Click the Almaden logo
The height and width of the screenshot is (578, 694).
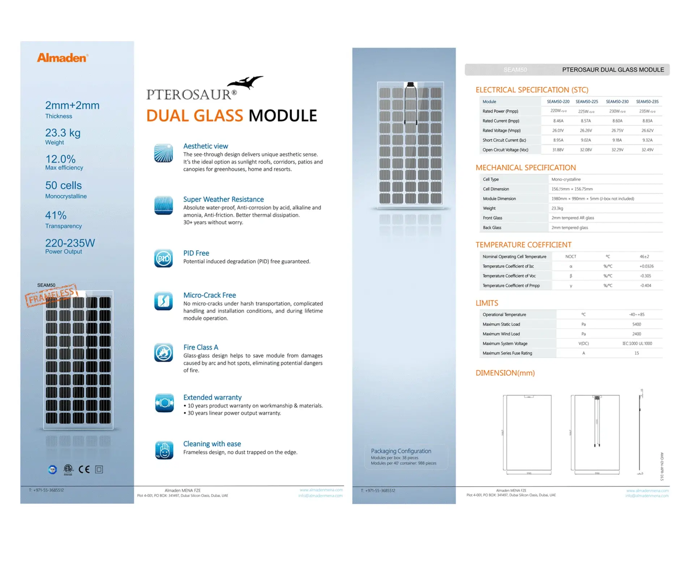[x=62, y=58]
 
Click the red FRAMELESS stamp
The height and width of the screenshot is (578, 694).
[x=51, y=295]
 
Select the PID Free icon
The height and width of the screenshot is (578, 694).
[x=163, y=258]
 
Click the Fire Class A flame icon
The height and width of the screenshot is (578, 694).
[x=163, y=353]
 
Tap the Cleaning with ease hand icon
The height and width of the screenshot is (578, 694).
[x=164, y=450]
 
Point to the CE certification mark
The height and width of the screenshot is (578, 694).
[x=84, y=469]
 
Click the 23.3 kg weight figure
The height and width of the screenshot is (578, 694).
[x=63, y=133]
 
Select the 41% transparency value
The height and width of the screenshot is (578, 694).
[x=56, y=215]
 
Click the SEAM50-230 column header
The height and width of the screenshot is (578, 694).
[x=617, y=102]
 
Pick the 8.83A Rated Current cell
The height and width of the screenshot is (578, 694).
[x=647, y=121]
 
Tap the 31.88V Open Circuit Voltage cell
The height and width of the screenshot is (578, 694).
[x=558, y=150]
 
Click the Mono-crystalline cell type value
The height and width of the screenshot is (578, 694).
[x=566, y=179]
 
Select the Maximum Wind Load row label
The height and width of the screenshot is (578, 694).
[x=501, y=334]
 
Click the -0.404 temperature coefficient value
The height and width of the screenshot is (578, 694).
[x=645, y=285]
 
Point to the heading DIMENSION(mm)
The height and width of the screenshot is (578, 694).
[x=505, y=373]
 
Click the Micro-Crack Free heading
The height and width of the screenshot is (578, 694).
[x=209, y=295]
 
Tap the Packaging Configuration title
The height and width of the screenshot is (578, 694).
[x=401, y=451]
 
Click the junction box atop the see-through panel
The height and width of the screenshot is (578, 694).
[x=410, y=85]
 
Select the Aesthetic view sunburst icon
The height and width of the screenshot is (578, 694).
[x=163, y=153]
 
